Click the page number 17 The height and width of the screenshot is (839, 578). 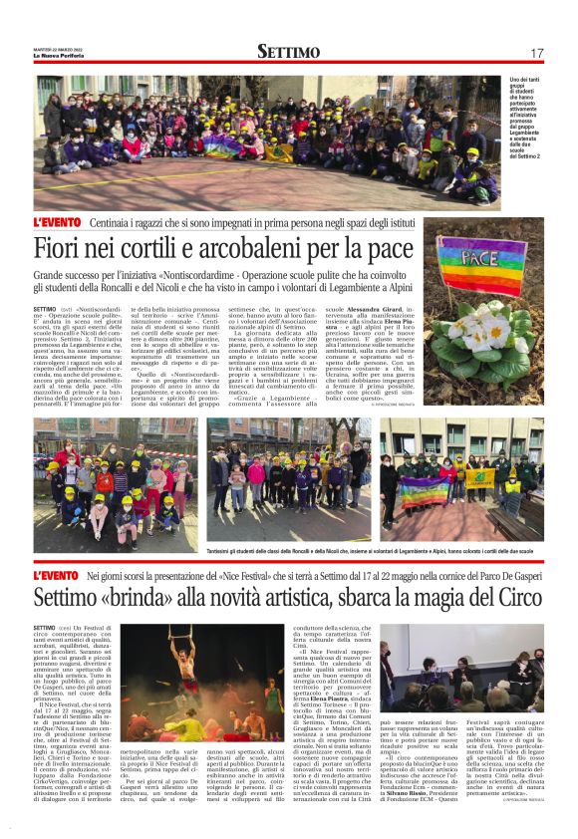click(x=536, y=52)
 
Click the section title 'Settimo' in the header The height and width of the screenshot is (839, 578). click(x=288, y=51)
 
